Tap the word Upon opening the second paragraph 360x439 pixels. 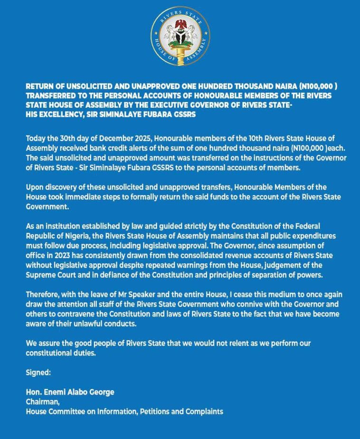35,187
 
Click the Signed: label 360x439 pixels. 38,373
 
